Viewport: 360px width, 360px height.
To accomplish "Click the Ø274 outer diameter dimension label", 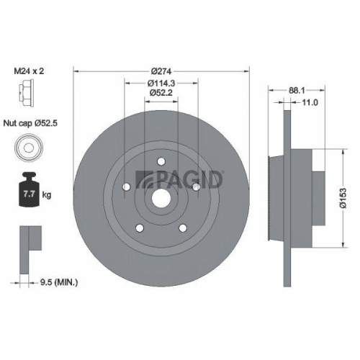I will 161,72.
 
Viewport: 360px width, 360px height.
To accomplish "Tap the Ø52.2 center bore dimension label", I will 161,93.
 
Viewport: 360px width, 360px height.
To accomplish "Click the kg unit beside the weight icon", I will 47,195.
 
